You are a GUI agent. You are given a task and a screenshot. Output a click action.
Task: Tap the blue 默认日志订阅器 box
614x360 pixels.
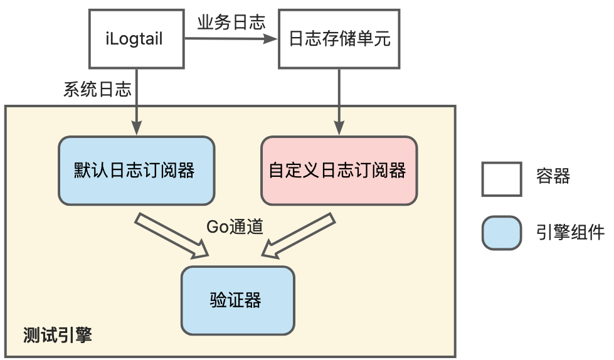click(x=136, y=170)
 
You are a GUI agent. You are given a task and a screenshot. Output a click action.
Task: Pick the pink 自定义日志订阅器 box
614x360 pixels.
click(x=339, y=170)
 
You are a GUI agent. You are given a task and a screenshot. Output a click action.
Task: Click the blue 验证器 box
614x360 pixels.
click(x=237, y=300)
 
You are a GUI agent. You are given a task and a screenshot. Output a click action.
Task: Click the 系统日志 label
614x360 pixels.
click(x=97, y=90)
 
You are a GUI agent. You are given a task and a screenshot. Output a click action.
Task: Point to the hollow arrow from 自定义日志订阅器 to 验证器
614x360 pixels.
click(x=298, y=235)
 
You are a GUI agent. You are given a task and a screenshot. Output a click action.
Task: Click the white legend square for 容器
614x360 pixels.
click(x=501, y=179)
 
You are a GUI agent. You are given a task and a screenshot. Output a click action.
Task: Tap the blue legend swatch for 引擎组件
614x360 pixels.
click(x=501, y=233)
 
